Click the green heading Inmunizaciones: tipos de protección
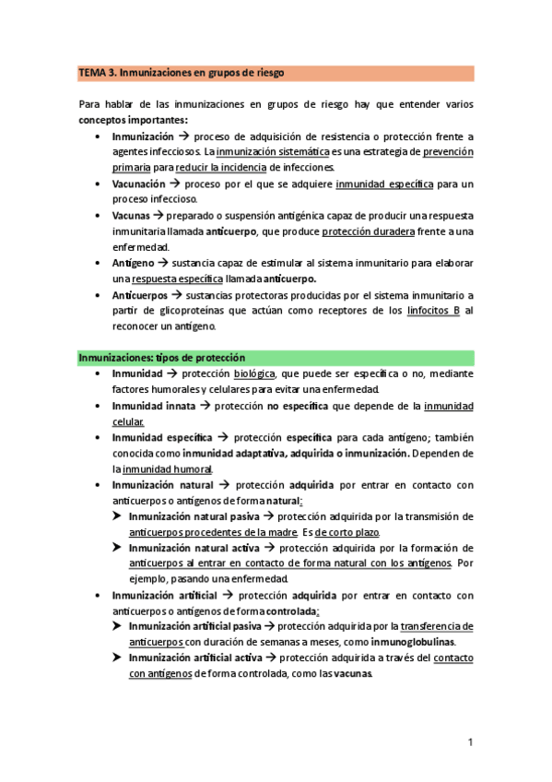click(x=161, y=357)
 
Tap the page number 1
click(x=470, y=741)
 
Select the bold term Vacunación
click(x=145, y=184)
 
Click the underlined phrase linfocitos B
click(x=434, y=311)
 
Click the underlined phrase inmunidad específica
click(x=384, y=184)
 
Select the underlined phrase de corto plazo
click(x=346, y=532)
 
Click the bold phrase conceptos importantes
click(x=134, y=120)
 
